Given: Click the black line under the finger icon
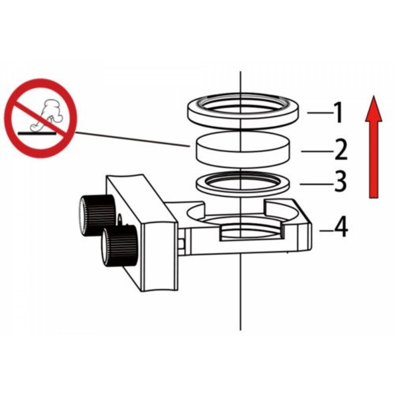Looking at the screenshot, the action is click(x=37, y=133).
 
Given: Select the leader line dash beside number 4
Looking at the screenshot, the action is click(x=326, y=231).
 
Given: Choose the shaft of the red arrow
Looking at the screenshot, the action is click(x=374, y=160).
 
